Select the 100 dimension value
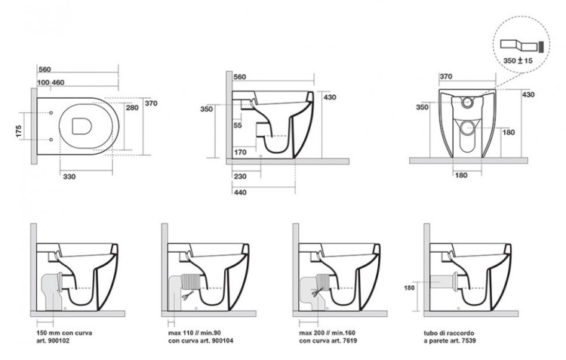pos(42,81)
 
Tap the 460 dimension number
pos(58,81)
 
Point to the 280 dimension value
pos(133,108)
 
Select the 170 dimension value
pos(241,152)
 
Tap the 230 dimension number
pos(241,176)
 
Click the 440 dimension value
pos(241,192)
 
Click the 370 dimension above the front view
pos(446,76)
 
